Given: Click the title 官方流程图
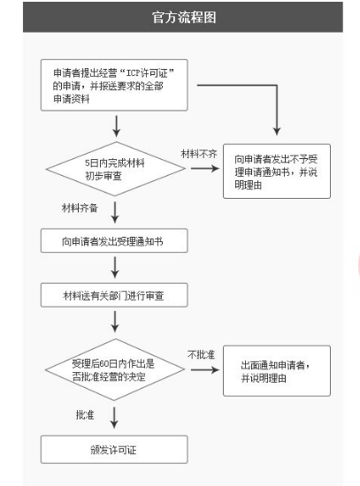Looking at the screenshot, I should pos(182,17).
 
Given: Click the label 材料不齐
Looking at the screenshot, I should pos(199,153).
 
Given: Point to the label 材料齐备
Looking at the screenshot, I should pos(80,209).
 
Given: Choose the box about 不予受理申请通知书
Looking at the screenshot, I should pos(276,171).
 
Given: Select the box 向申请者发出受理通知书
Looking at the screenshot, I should pos(114,240).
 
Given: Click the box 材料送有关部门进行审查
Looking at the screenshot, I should pos(114,294).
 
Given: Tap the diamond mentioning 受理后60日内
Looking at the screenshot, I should pos(114,369).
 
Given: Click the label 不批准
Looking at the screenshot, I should pos(202,354).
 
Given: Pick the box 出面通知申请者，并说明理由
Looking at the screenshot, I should pos(276,371).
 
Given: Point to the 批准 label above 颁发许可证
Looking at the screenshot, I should pos(86,414).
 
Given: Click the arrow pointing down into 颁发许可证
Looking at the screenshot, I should pos(114,418).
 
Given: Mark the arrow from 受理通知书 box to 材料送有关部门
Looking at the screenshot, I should pos(114,267).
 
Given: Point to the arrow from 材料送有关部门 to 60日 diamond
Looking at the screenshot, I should pos(114,321).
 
